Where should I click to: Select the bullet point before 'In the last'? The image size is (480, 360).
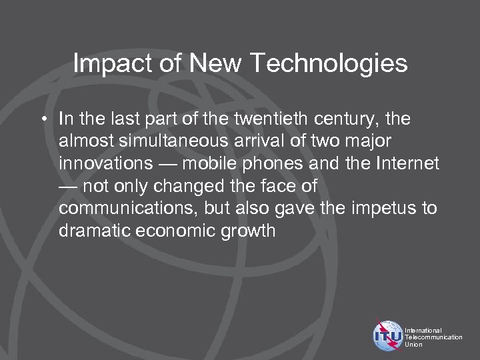click(x=48, y=119)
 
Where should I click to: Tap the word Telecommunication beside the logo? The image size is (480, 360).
click(x=433, y=337)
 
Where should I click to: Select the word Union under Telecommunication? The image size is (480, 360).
click(x=413, y=345)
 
